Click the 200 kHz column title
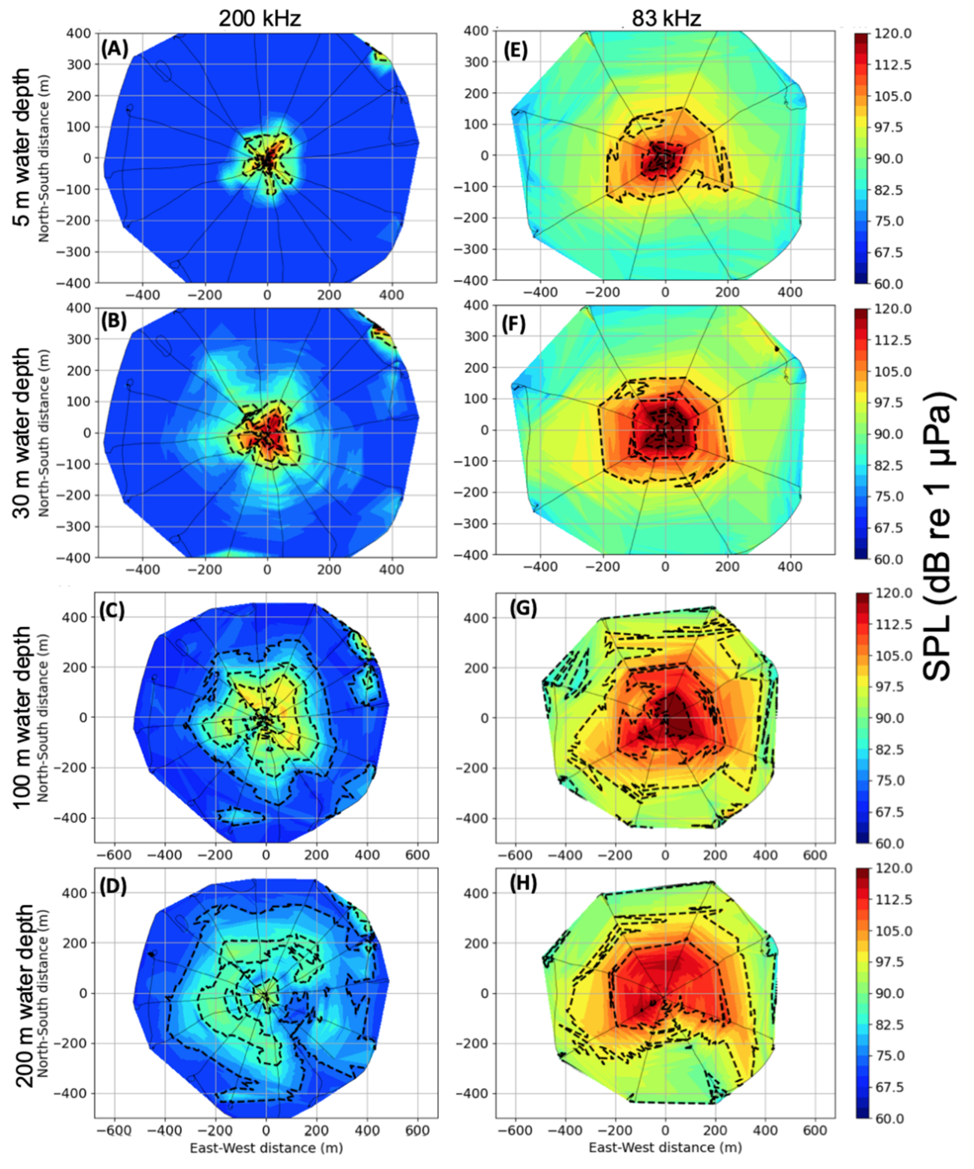pyautogui.click(x=259, y=18)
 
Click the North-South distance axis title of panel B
pyautogui.click(x=44, y=433)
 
